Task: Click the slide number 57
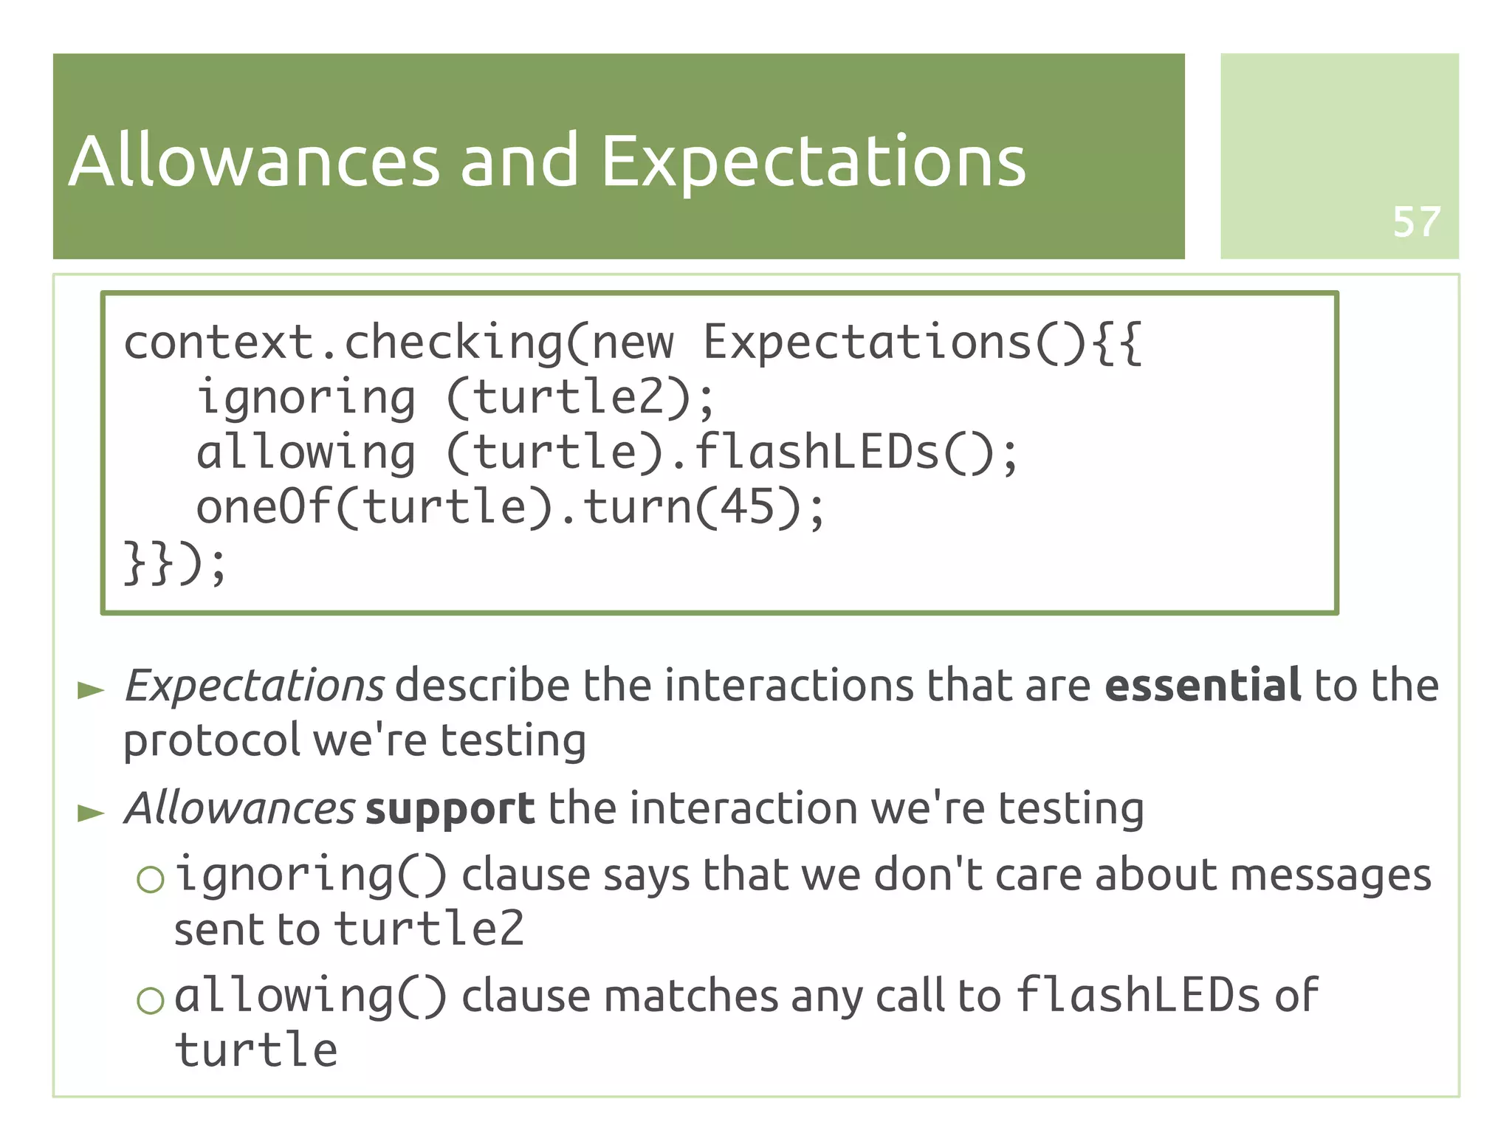click(1416, 221)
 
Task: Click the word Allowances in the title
click(254, 161)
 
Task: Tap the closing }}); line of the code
click(174, 562)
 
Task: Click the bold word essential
click(1203, 685)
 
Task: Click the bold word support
click(450, 809)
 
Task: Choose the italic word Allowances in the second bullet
click(240, 808)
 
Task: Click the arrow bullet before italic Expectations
click(91, 691)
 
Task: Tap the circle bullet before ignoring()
click(150, 879)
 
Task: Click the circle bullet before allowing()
click(150, 1000)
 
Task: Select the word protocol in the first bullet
click(211, 741)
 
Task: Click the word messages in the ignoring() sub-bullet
click(1330, 876)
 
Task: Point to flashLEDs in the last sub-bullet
click(1138, 996)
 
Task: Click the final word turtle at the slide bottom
click(256, 1050)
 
